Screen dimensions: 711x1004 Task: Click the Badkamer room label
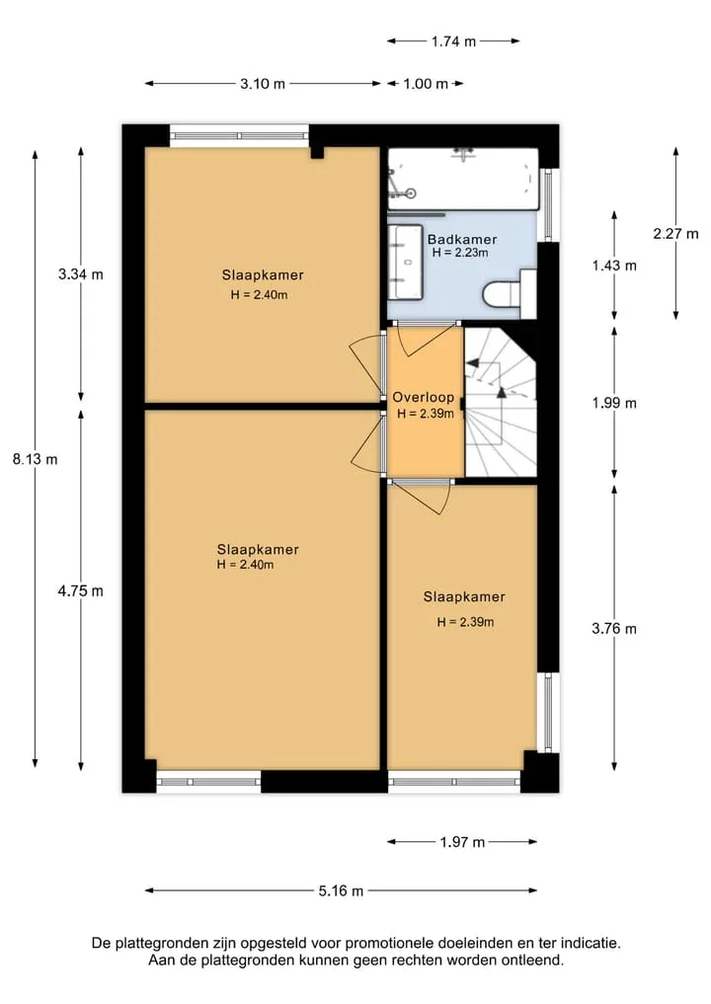point(462,240)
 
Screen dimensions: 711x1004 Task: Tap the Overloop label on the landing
point(424,398)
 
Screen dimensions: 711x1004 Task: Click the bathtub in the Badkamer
point(463,180)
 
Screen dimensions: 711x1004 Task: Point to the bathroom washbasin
point(405,263)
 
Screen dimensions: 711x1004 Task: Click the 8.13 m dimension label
point(36,459)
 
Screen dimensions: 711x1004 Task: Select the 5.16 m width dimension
point(341,890)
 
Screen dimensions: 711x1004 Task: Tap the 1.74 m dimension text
point(453,41)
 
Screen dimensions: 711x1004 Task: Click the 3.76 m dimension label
point(614,629)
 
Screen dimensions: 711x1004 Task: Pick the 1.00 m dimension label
point(426,84)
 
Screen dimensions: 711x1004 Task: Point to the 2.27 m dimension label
point(675,234)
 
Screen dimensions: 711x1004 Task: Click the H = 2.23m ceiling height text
point(460,253)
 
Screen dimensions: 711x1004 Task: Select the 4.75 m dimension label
point(81,591)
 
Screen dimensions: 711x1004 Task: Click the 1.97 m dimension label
point(462,842)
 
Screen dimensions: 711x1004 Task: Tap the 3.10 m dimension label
point(263,84)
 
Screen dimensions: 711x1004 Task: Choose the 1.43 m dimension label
point(614,266)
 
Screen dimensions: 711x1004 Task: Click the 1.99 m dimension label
point(614,404)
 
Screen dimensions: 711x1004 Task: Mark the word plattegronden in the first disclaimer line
point(160,943)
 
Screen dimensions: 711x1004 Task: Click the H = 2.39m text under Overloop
point(426,415)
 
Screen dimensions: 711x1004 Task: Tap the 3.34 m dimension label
point(81,274)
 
